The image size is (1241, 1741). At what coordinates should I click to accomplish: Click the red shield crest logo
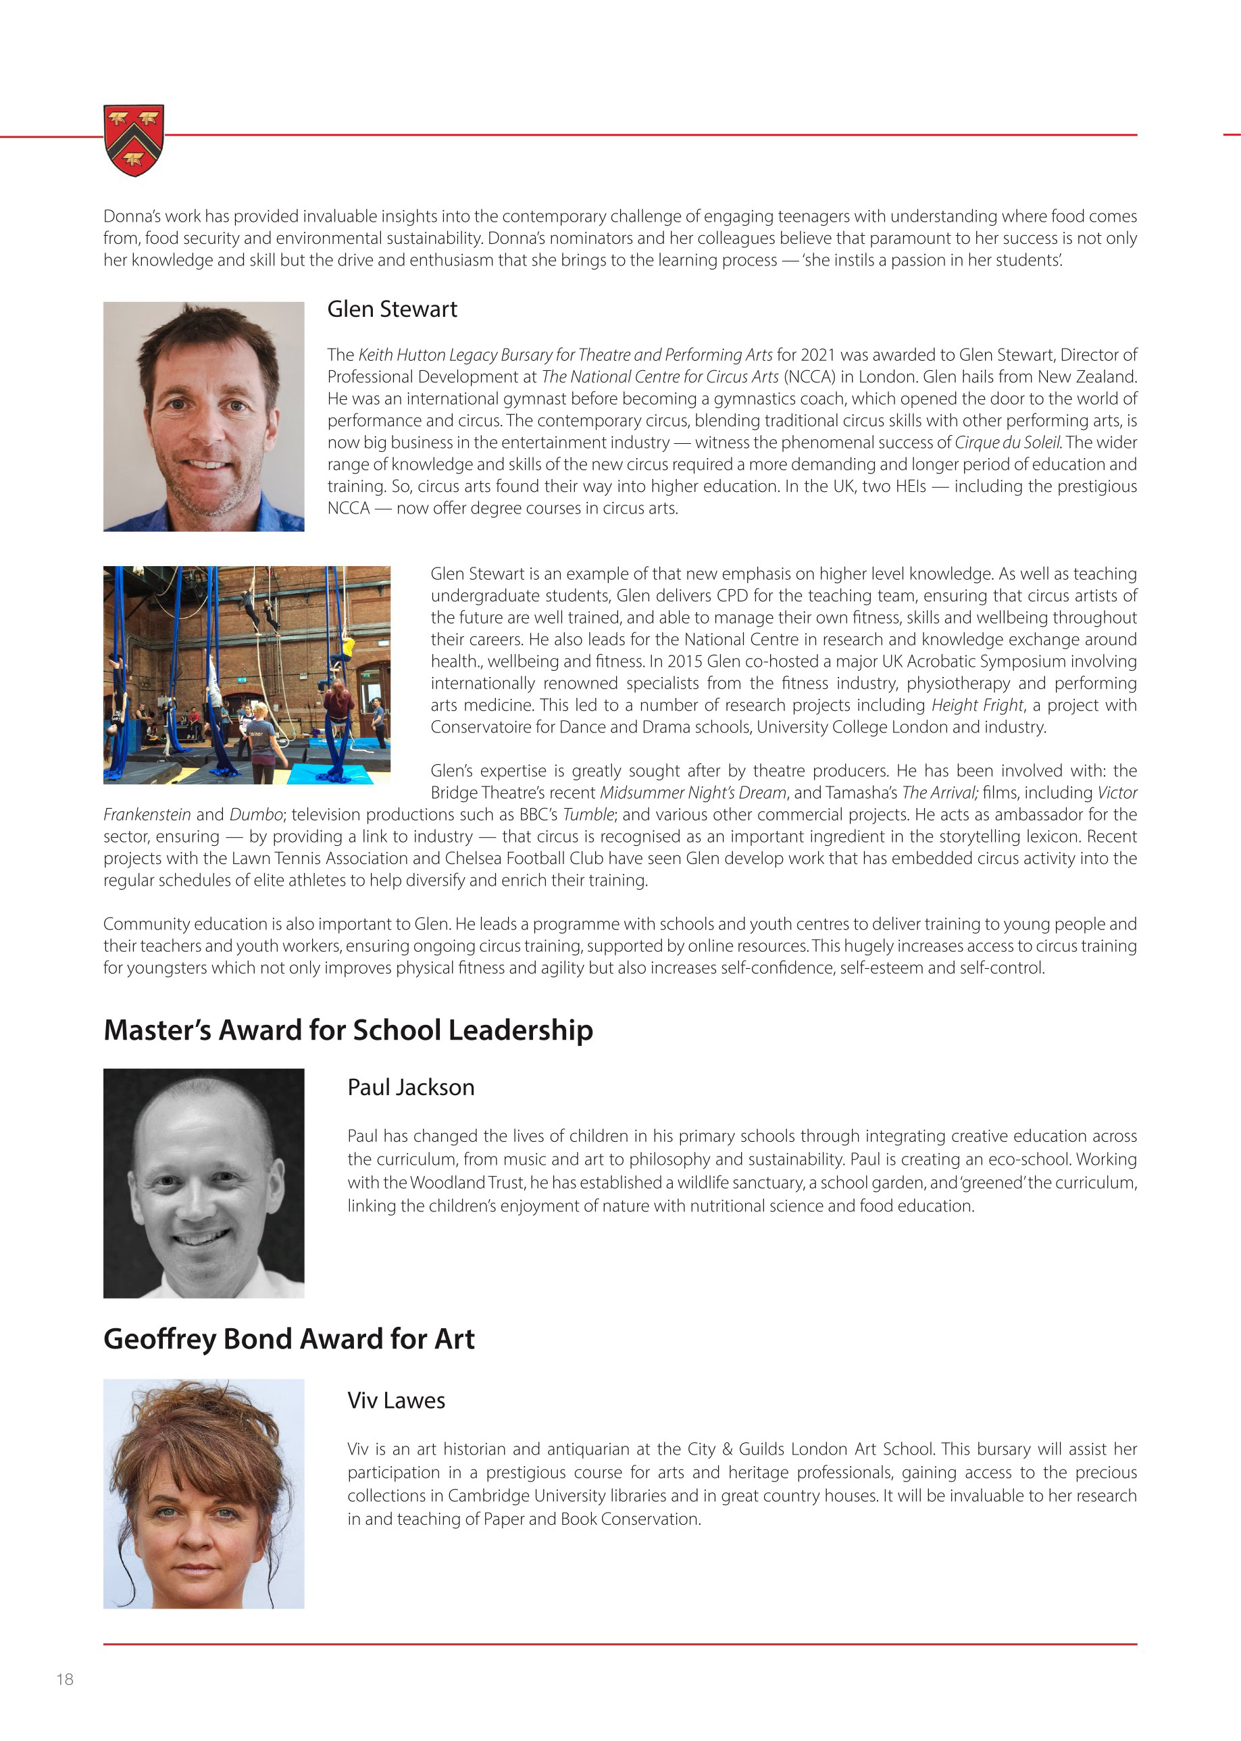[134, 141]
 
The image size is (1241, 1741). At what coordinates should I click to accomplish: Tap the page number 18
[65, 1679]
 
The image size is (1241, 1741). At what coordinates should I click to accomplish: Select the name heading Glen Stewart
[392, 309]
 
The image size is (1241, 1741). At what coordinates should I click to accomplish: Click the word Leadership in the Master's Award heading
[520, 1030]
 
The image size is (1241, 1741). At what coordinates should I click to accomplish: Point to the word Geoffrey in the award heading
[159, 1339]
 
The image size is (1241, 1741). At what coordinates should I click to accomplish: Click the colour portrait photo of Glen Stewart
[204, 417]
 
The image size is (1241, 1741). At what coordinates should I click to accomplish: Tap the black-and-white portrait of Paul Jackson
[204, 1183]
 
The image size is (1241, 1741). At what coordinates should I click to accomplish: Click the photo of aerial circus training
[247, 675]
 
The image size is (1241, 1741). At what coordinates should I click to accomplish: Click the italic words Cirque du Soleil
[1007, 443]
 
